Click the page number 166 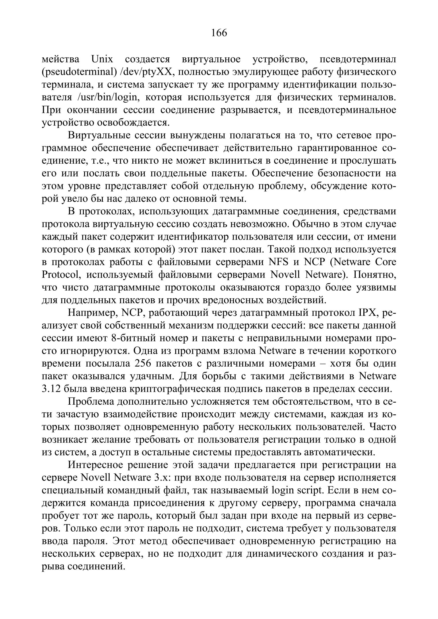[x=219, y=33]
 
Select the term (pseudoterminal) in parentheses [x=79, y=72]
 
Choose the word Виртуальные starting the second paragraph [x=103, y=135]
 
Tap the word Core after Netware [x=385, y=262]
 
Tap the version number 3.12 [x=51, y=389]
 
